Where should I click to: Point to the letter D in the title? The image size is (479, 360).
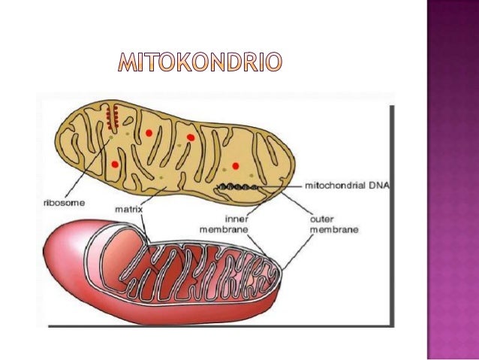[236, 65]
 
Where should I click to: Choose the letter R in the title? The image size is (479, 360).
[253, 65]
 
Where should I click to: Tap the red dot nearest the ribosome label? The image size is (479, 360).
[115, 164]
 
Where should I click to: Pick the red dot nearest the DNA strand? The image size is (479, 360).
[236, 165]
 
